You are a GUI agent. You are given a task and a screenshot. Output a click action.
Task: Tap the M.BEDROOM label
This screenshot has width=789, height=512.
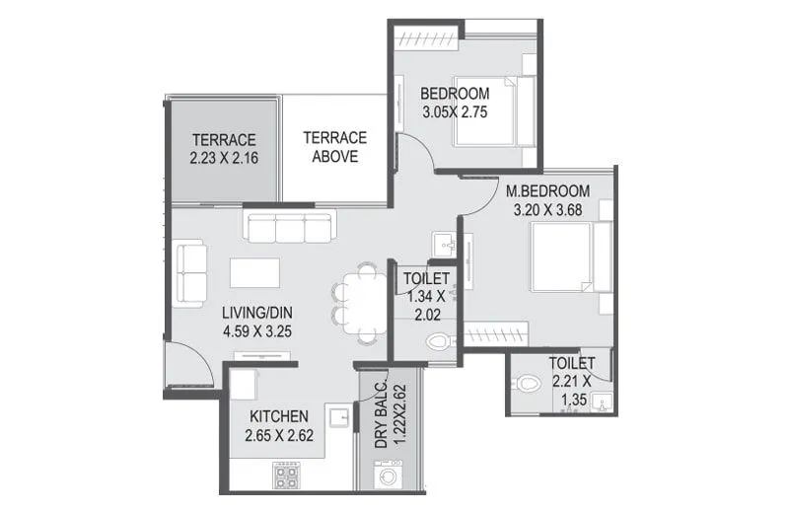point(547,190)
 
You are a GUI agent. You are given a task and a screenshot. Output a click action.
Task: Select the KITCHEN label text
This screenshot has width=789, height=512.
point(279,415)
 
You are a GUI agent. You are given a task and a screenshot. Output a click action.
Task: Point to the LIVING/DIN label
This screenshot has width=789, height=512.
point(255,313)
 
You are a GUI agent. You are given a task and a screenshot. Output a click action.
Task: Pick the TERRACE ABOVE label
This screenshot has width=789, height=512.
point(334,147)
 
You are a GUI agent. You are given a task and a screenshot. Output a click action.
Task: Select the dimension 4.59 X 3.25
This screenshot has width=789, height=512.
point(255,331)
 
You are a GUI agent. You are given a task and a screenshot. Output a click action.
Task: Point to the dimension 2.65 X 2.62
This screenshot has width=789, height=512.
point(279,434)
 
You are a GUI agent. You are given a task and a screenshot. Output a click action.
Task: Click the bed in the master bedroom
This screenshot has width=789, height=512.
point(565,257)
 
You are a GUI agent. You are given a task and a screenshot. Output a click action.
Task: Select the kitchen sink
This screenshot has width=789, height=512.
point(338,418)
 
